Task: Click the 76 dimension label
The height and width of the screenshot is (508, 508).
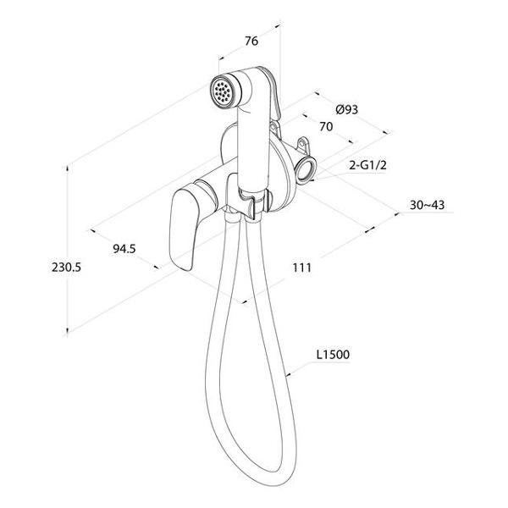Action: [251, 41]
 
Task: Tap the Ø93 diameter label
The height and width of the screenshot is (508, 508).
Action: [346, 109]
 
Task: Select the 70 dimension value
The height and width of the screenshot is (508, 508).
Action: [326, 126]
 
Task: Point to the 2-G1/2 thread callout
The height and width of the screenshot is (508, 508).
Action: [367, 165]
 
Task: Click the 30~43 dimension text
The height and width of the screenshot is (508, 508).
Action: [427, 205]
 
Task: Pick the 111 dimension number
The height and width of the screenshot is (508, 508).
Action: [301, 268]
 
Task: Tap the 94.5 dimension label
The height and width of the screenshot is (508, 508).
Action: [124, 249]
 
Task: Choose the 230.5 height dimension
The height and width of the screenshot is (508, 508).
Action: [66, 268]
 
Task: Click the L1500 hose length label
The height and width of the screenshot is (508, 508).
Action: [333, 355]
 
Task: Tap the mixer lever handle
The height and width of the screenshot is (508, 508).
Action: [183, 229]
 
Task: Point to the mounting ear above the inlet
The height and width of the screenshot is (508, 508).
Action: [304, 145]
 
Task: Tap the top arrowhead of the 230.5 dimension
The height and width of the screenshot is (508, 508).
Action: [68, 168]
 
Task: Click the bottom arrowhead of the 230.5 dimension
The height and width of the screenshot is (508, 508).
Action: [68, 330]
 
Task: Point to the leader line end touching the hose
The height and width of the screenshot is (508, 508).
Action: [287, 376]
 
